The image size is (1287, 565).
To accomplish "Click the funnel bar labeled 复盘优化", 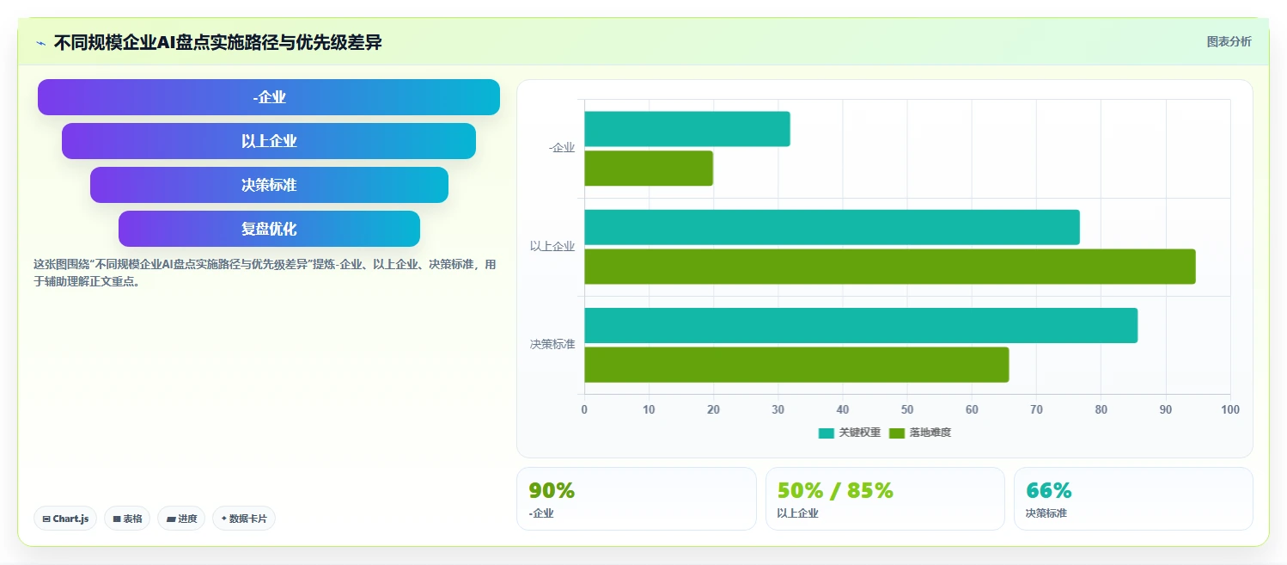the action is (269, 229).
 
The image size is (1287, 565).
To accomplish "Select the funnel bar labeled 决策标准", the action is (269, 185).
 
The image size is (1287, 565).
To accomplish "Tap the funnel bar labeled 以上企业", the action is (269, 141).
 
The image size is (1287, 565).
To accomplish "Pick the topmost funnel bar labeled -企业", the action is (269, 96).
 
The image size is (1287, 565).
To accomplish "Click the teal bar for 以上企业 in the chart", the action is (832, 227).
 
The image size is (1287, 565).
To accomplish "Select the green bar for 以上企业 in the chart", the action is (890, 267).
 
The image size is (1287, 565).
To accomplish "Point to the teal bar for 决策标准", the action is (861, 325).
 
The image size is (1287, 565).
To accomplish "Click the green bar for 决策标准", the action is (796, 365).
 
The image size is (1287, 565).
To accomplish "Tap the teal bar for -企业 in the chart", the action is (687, 129).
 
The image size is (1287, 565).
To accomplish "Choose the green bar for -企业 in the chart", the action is (649, 168).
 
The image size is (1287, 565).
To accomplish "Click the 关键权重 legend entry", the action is (849, 433).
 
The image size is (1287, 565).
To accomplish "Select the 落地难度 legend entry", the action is (920, 433).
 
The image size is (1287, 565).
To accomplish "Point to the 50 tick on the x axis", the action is (907, 409).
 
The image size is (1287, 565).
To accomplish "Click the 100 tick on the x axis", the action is (1230, 409).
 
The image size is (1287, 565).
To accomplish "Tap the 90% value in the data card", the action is (552, 490).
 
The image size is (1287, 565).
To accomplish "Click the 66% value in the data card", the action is (1048, 490).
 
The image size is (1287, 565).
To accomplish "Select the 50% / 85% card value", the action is (835, 490).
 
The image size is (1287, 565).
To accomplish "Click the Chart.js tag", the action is (65, 519).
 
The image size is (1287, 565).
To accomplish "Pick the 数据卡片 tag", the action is (244, 519).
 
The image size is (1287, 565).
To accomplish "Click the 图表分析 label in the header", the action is (1229, 41).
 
